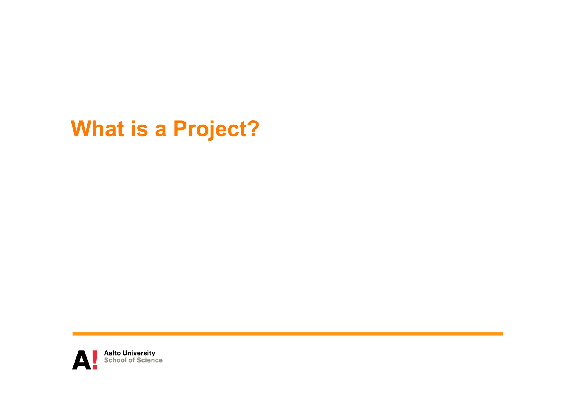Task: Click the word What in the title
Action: pyautogui.click(x=97, y=129)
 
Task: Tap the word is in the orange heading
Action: pyautogui.click(x=139, y=129)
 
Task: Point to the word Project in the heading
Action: pyautogui.click(x=210, y=129)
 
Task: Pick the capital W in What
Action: pyautogui.click(x=82, y=129)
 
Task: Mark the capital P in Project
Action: pyautogui.click(x=181, y=129)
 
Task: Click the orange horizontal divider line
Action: pyautogui.click(x=287, y=334)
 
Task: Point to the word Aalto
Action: pyautogui.click(x=112, y=353)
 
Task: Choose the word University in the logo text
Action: pyautogui.click(x=139, y=353)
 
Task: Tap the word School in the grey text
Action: pyautogui.click(x=115, y=360)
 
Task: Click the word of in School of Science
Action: pyautogui.click(x=132, y=360)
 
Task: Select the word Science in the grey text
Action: pyautogui.click(x=149, y=360)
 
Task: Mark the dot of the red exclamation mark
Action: pyautogui.click(x=95, y=367)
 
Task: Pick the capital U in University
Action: pyautogui.click(x=126, y=353)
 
